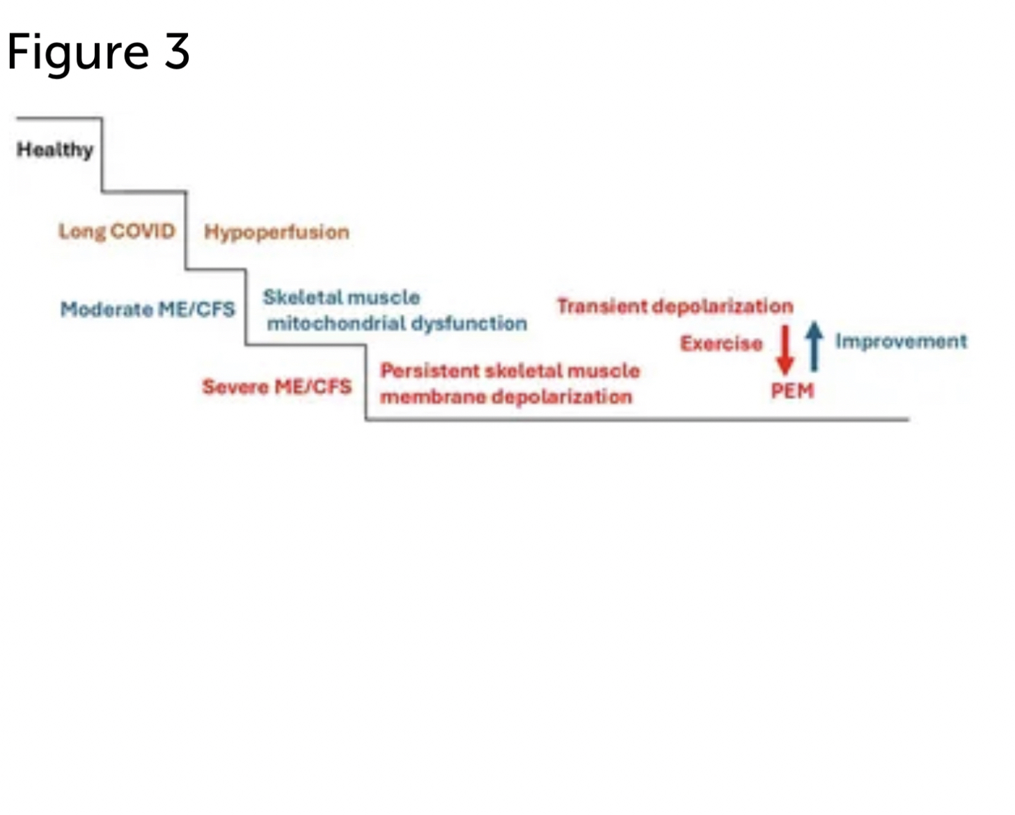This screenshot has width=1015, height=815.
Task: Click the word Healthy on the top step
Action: pos(55,150)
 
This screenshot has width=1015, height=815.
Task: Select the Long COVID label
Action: pos(116,231)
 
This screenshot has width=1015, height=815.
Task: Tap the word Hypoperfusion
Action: pos(276,232)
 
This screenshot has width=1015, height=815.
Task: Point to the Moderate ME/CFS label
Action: pos(148,309)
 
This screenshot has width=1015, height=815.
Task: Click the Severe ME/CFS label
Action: pos(276,386)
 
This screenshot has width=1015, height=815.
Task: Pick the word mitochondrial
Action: pos(336,324)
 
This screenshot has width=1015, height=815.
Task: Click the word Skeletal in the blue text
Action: pos(302,297)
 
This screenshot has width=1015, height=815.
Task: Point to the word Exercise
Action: pos(721,343)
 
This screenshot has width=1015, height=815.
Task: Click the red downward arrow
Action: pos(785,349)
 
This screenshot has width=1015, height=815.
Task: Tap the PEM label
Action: pos(792,390)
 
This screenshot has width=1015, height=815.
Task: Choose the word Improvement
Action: pos(901,341)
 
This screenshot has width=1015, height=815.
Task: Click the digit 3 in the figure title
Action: pos(177,52)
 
